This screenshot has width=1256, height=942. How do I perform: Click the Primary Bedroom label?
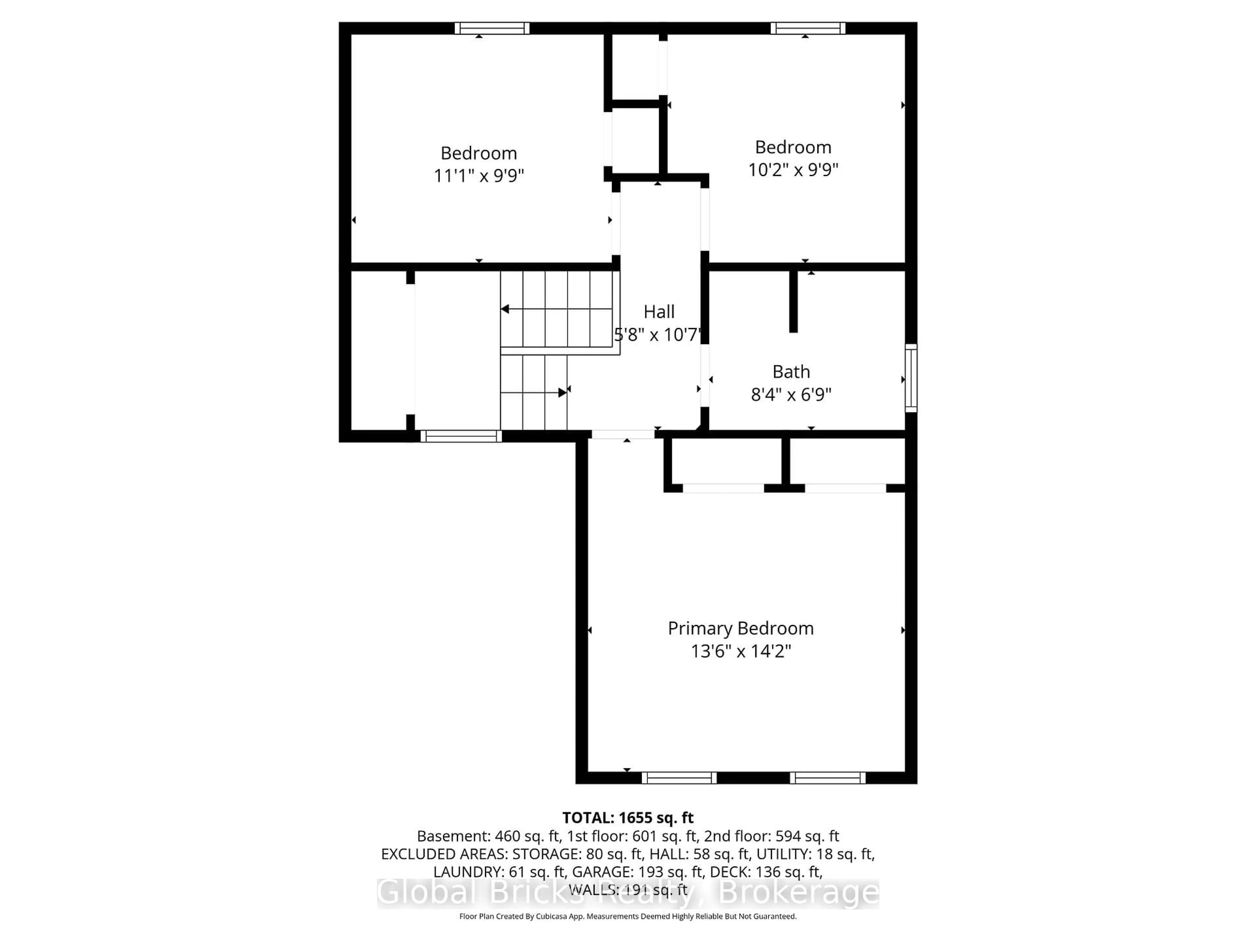[741, 629]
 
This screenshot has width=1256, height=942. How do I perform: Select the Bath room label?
[791, 372]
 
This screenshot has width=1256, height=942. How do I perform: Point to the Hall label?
[659, 312]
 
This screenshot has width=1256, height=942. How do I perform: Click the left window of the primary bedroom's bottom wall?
[679, 778]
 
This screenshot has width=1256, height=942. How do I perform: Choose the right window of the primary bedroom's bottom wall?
[827, 778]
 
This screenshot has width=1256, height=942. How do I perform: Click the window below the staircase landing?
[461, 436]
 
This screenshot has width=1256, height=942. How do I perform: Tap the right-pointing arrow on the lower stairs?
[562, 392]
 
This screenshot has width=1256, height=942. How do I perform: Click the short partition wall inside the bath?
[793, 301]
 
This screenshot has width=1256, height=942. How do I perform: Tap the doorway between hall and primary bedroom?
[623, 434]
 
